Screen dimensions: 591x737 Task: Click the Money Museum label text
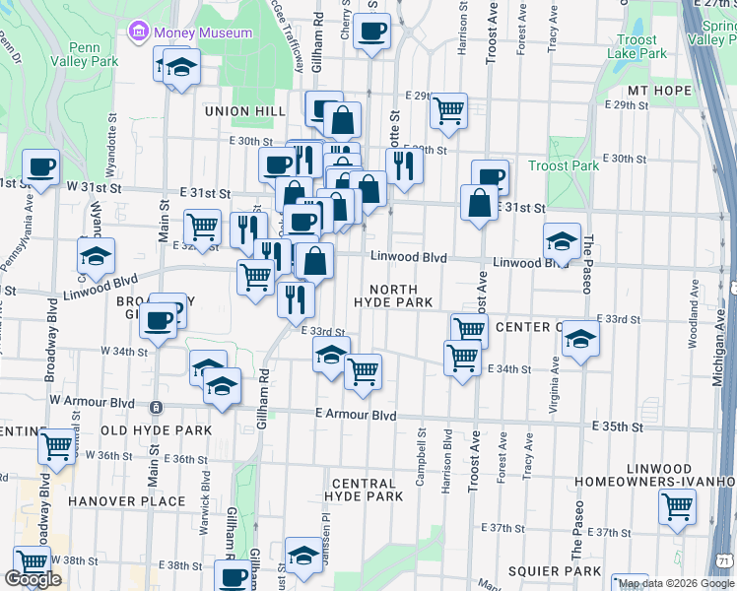[202, 33]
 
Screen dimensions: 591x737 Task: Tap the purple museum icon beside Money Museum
[138, 33]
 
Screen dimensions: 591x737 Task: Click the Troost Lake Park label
[636, 47]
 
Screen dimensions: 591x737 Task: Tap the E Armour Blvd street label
[356, 416]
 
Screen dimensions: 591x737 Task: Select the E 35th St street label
[616, 427]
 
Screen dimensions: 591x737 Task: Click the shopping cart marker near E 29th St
[449, 110]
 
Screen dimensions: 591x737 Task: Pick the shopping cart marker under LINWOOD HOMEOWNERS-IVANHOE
[677, 506]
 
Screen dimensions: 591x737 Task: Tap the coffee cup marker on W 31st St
[39, 166]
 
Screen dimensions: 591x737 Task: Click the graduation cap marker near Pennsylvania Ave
[95, 256]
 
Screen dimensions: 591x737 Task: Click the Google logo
[33, 579]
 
